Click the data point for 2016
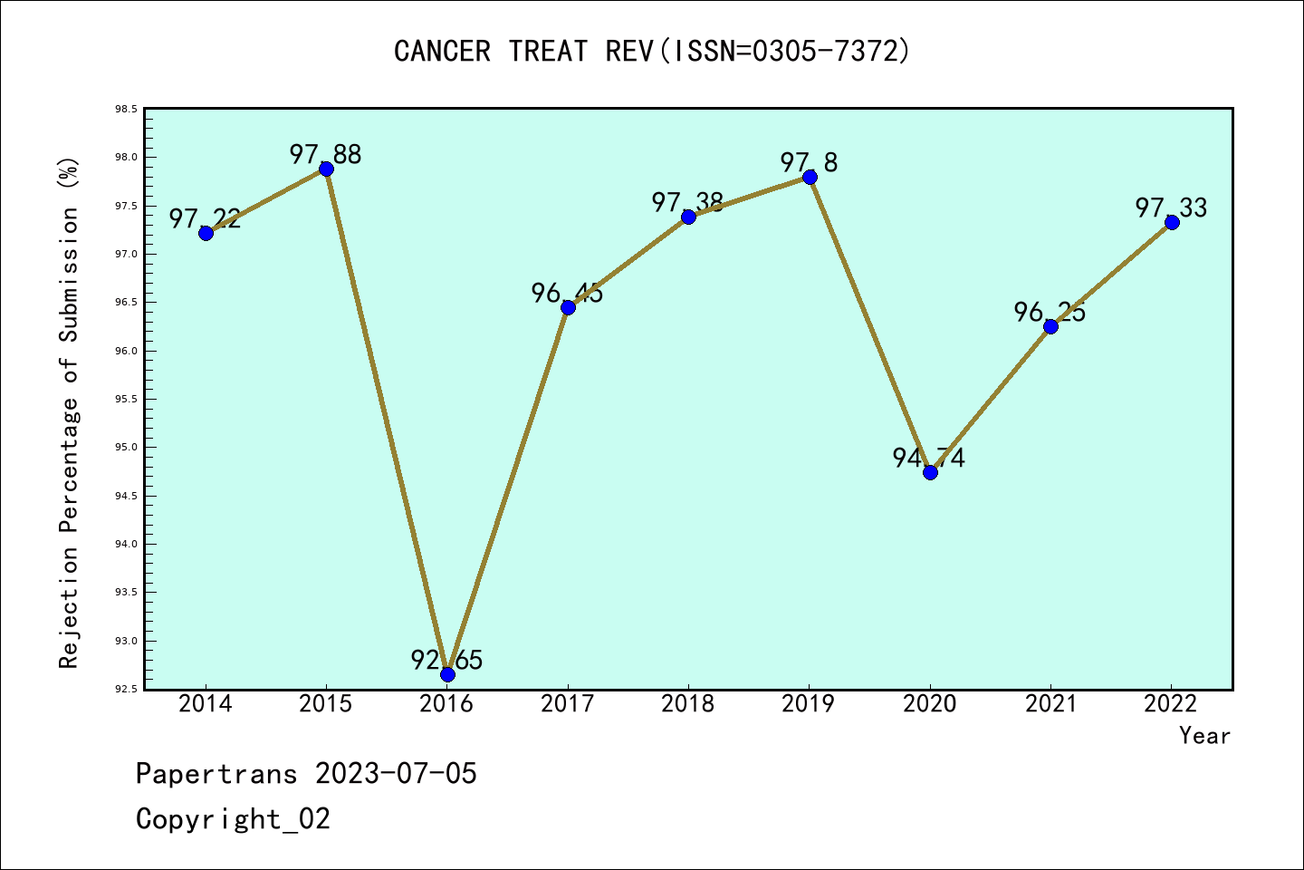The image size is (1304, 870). tap(447, 674)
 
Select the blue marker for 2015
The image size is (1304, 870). tap(327, 169)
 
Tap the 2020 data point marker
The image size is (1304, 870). tap(930, 472)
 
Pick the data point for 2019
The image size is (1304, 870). tap(810, 177)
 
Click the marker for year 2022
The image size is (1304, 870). tap(1172, 222)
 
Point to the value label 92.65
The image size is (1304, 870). tap(447, 660)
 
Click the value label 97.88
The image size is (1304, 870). tap(326, 154)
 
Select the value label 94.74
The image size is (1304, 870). tap(929, 458)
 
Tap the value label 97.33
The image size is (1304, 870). tap(1172, 208)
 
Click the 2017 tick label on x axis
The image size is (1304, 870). tap(568, 704)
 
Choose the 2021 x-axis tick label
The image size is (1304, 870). tap(1051, 704)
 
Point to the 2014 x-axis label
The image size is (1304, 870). tap(206, 704)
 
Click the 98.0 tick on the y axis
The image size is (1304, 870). tap(126, 158)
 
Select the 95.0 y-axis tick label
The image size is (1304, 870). tap(126, 448)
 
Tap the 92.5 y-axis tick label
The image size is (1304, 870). tap(126, 690)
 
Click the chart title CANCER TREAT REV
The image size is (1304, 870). tap(652, 52)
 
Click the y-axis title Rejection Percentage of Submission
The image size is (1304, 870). tap(70, 412)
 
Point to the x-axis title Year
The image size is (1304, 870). tap(1204, 736)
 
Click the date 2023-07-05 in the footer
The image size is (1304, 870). tap(396, 774)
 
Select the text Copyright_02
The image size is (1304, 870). tap(234, 819)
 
